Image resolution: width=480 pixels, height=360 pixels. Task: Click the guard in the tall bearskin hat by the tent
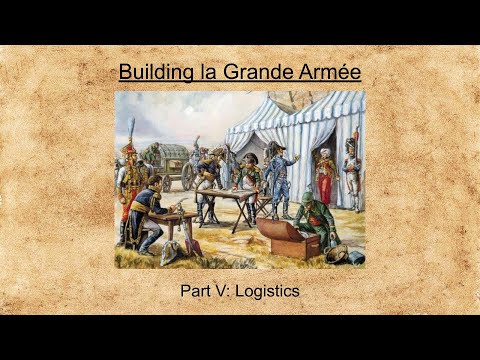click(x=352, y=170)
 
